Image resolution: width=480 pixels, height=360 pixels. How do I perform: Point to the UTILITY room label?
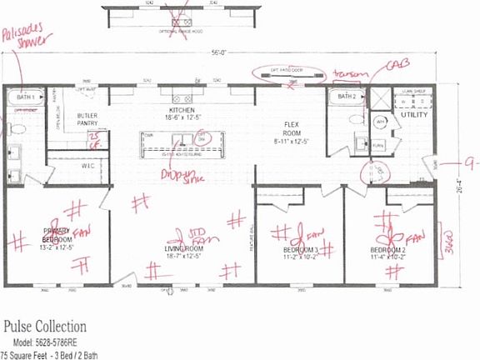pos(415,115)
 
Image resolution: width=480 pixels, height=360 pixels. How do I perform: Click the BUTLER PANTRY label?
pos(88,119)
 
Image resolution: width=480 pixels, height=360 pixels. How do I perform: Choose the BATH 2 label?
pos(347,96)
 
